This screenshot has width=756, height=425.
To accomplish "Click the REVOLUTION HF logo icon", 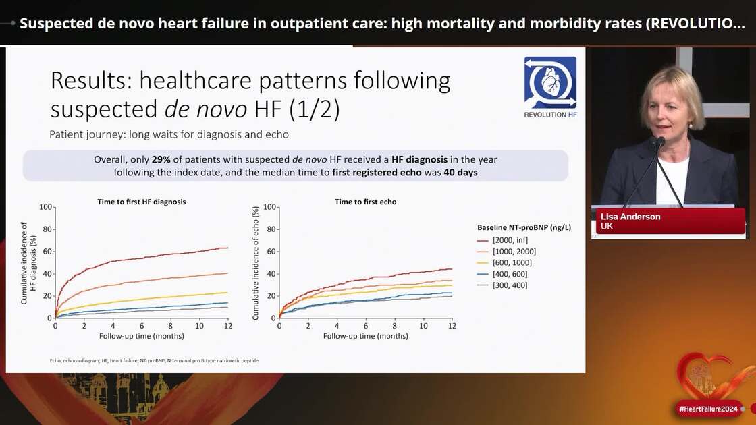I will point(550,82).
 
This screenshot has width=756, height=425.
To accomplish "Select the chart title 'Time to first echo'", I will point(366,202).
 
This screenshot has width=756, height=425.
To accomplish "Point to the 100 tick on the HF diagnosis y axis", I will point(46,206).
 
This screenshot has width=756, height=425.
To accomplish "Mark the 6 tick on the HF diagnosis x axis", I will point(142,326).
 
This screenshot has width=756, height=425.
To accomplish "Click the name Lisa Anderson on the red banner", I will point(630,217).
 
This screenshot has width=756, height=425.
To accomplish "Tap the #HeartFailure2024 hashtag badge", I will point(707,409).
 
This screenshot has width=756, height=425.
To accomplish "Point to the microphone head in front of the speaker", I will point(659,143).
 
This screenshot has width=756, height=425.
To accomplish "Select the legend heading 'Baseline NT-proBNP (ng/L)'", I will point(524,227).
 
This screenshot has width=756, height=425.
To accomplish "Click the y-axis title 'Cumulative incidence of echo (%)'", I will point(255,262).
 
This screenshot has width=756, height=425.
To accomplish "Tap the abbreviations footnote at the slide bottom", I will point(154,361).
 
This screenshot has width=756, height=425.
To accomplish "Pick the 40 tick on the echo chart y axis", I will point(272,273).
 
